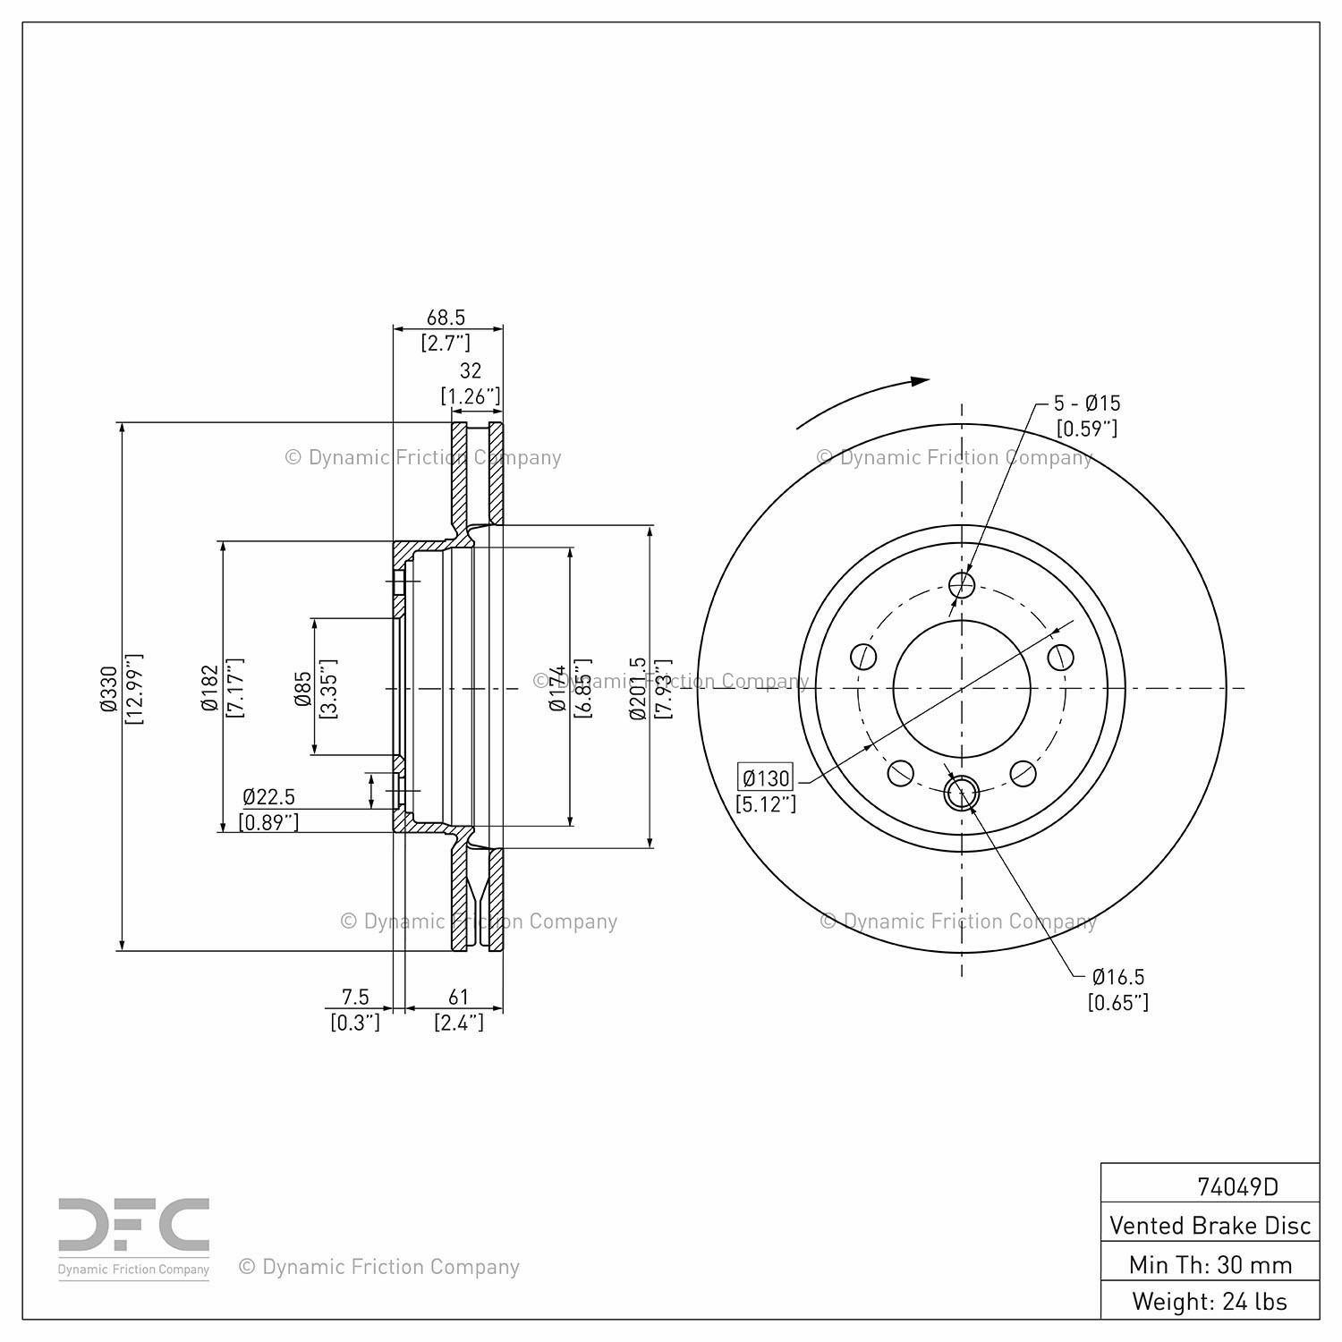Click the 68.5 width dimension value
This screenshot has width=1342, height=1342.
click(446, 318)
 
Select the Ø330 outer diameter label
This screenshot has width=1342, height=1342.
click(109, 688)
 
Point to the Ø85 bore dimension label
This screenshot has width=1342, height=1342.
click(303, 688)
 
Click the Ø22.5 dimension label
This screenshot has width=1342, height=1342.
click(268, 796)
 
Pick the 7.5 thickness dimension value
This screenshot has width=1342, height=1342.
click(355, 997)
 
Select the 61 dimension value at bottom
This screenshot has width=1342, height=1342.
click(458, 997)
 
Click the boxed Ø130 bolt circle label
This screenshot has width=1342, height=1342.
click(765, 777)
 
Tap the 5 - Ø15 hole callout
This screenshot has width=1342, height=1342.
click(1086, 403)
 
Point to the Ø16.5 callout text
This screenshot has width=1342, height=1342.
click(1117, 977)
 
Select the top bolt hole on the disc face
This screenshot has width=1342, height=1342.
click(962, 585)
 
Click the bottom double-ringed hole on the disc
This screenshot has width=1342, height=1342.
click(962, 793)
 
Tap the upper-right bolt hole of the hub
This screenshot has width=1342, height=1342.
click(1060, 657)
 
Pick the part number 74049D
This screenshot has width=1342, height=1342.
click(1237, 1186)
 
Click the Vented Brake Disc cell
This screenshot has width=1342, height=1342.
click(1210, 1225)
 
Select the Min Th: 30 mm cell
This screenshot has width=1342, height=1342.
click(1210, 1264)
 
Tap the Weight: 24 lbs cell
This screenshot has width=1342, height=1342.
click(1210, 1301)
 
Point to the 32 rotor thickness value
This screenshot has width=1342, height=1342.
click(470, 370)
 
